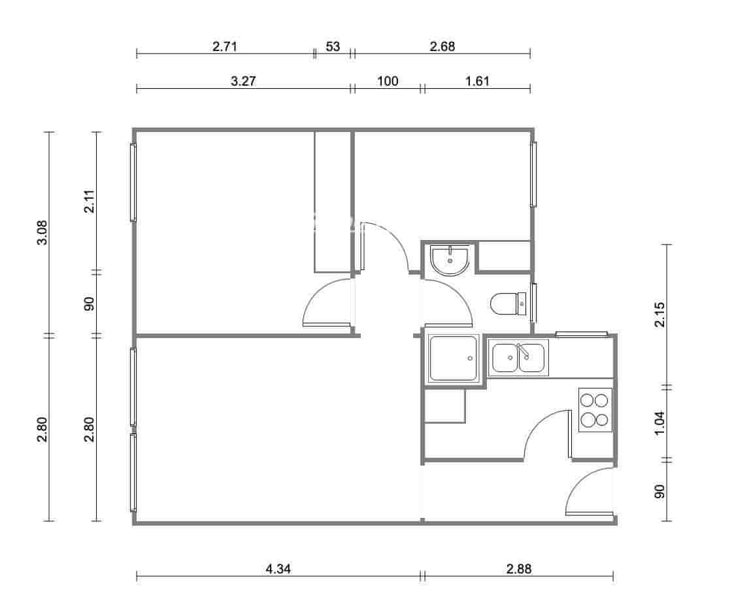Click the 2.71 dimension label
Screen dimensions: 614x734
pos(224,46)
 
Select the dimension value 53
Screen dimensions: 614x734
pos(333,46)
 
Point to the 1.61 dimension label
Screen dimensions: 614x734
pos(477,81)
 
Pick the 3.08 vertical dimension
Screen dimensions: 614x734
pos(42,232)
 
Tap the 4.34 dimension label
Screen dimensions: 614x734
pos(278,569)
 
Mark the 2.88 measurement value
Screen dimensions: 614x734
pos(519,569)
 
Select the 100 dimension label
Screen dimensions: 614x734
pos(388,81)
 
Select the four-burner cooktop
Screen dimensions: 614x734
pos(595,410)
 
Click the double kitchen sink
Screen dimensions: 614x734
pos(518,358)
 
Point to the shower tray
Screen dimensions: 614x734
pos(454,359)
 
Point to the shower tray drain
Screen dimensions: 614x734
pos(470,359)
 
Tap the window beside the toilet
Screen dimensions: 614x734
pos(533,302)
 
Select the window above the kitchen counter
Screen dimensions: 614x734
pos(580,335)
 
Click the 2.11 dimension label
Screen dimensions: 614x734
pos(89,201)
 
